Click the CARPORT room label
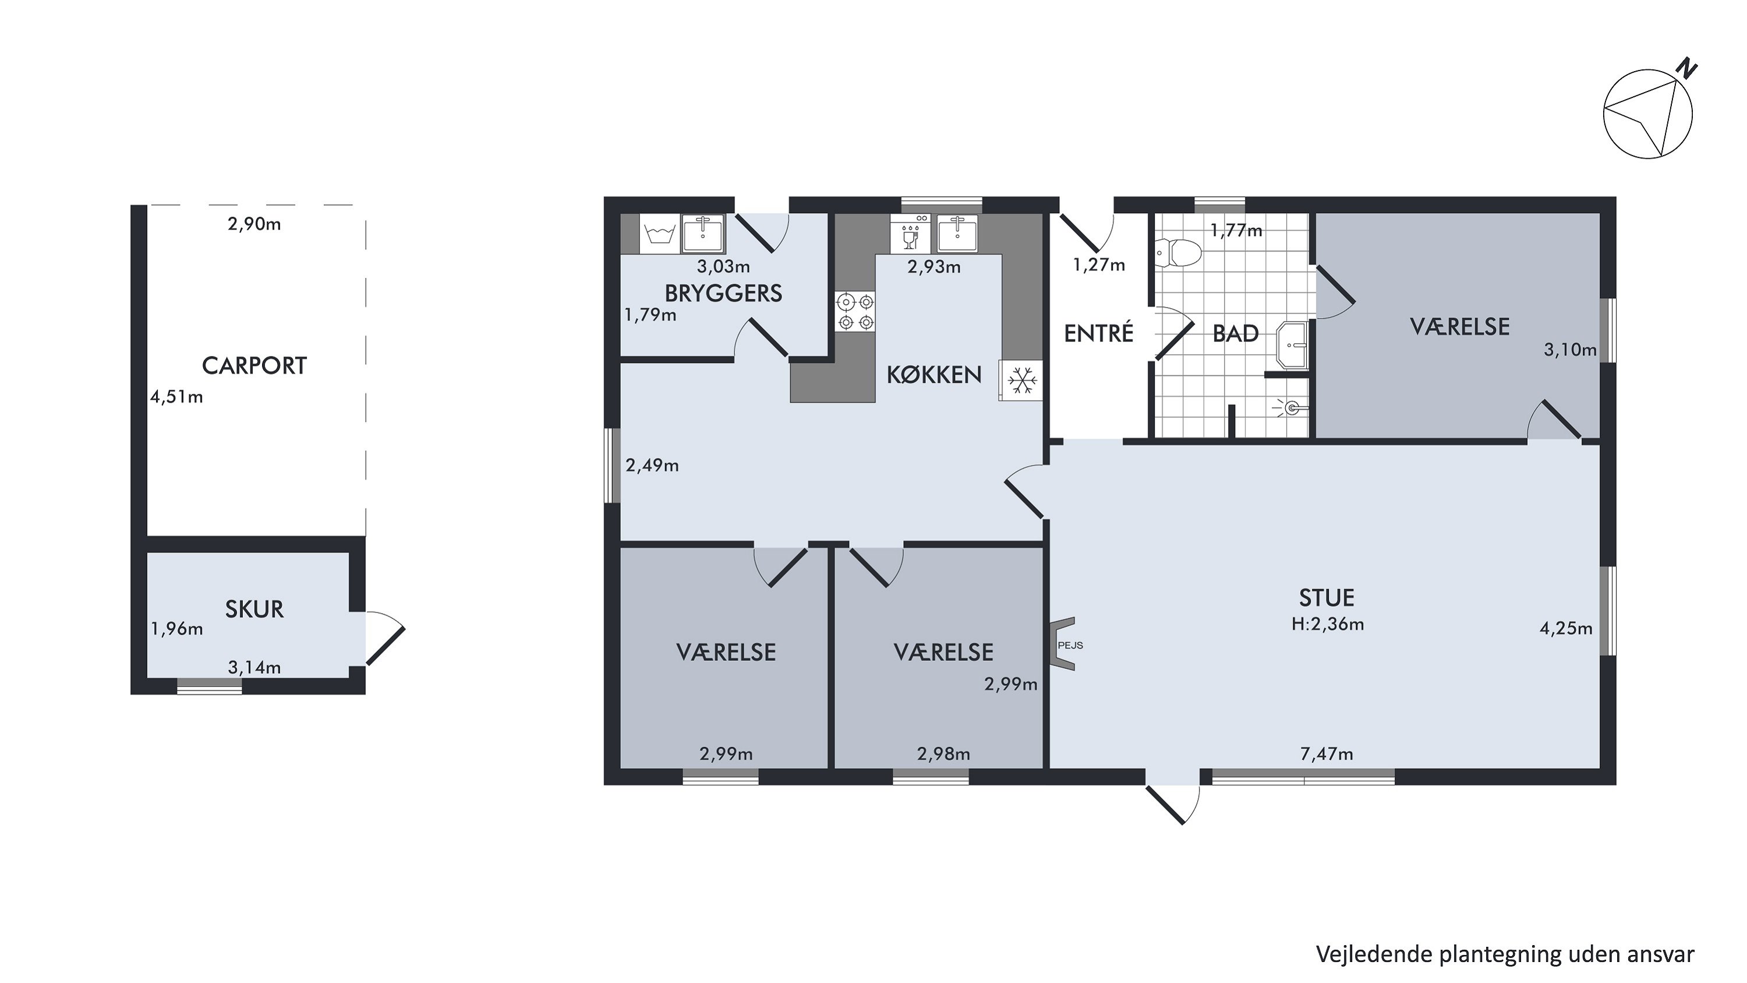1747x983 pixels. click(254, 366)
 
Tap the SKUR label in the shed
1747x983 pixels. click(254, 609)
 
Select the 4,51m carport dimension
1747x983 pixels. click(176, 397)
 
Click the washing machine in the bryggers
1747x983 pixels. click(660, 234)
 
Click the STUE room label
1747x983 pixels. click(1327, 598)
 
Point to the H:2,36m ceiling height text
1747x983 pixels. click(1327, 624)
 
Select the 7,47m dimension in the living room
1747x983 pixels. click(1327, 753)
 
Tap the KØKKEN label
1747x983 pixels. click(934, 375)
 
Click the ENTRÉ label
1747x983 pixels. click(1099, 333)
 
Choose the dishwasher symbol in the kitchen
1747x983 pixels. click(911, 234)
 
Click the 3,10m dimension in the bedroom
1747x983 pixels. click(1570, 350)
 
